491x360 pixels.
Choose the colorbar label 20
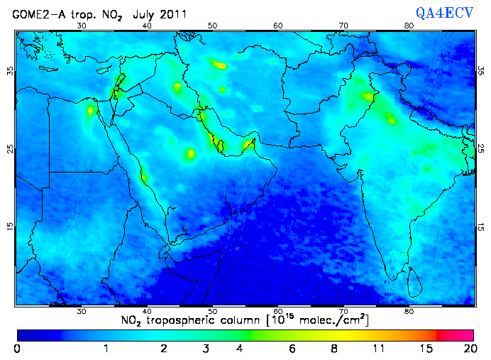[x=468, y=349]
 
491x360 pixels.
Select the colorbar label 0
[x=17, y=349]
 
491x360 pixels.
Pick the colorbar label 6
[x=293, y=349]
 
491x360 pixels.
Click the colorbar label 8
[x=334, y=349]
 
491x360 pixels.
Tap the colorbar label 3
[x=205, y=349]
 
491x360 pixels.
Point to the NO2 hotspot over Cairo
[x=90, y=111]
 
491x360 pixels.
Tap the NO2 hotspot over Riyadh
[x=190, y=153]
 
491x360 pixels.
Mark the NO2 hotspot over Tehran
[x=221, y=65]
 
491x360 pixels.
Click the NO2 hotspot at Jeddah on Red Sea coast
[x=144, y=177]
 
